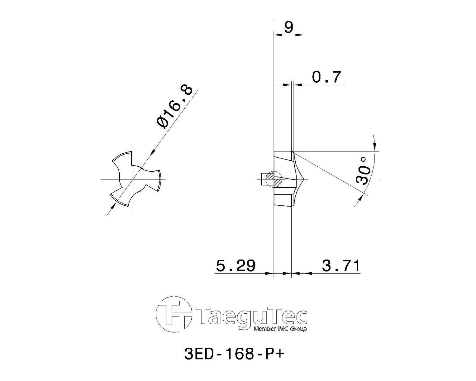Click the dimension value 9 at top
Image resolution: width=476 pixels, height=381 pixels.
point(288,27)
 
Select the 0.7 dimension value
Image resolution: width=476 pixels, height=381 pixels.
point(327,77)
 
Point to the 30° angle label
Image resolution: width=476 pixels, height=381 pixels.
point(363,171)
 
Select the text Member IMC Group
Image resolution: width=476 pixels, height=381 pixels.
point(280,329)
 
